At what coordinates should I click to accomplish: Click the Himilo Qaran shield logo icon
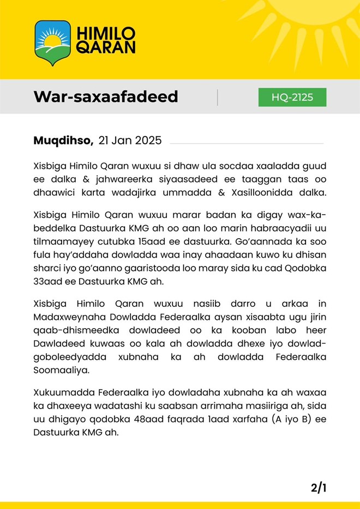click(x=52, y=42)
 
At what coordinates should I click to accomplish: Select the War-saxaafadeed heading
click(x=106, y=96)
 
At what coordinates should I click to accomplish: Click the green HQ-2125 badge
click(x=292, y=97)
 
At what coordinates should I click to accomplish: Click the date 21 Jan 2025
click(x=130, y=141)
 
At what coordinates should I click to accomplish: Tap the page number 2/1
click(x=319, y=487)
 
